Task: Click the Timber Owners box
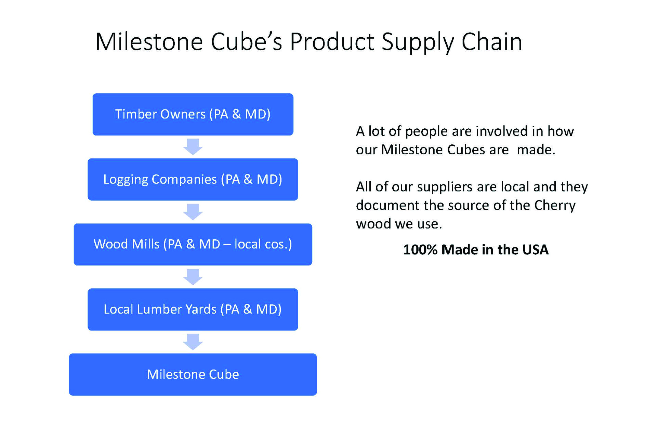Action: (x=193, y=114)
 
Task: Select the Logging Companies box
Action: (x=193, y=179)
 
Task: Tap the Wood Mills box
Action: (x=193, y=244)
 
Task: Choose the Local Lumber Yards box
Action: (x=193, y=309)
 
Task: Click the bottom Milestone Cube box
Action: (x=193, y=374)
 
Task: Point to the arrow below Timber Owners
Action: (x=193, y=147)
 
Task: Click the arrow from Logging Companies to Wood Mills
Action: (x=193, y=212)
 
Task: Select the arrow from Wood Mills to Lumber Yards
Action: (x=193, y=277)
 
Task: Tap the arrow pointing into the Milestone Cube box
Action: (x=193, y=342)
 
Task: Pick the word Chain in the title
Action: (x=492, y=41)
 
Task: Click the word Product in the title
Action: (x=332, y=41)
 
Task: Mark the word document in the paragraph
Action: (x=387, y=205)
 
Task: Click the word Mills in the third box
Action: (x=146, y=244)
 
